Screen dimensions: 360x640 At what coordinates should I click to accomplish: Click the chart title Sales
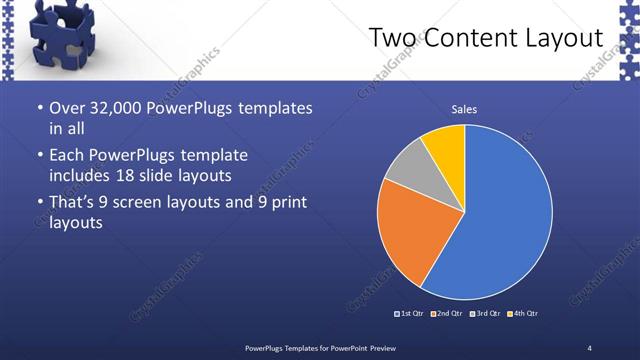[464, 108]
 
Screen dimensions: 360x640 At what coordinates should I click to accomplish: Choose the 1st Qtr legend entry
[410, 314]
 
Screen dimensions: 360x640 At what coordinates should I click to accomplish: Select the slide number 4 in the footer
[590, 347]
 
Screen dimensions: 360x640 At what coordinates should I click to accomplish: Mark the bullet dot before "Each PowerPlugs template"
[39, 157]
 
